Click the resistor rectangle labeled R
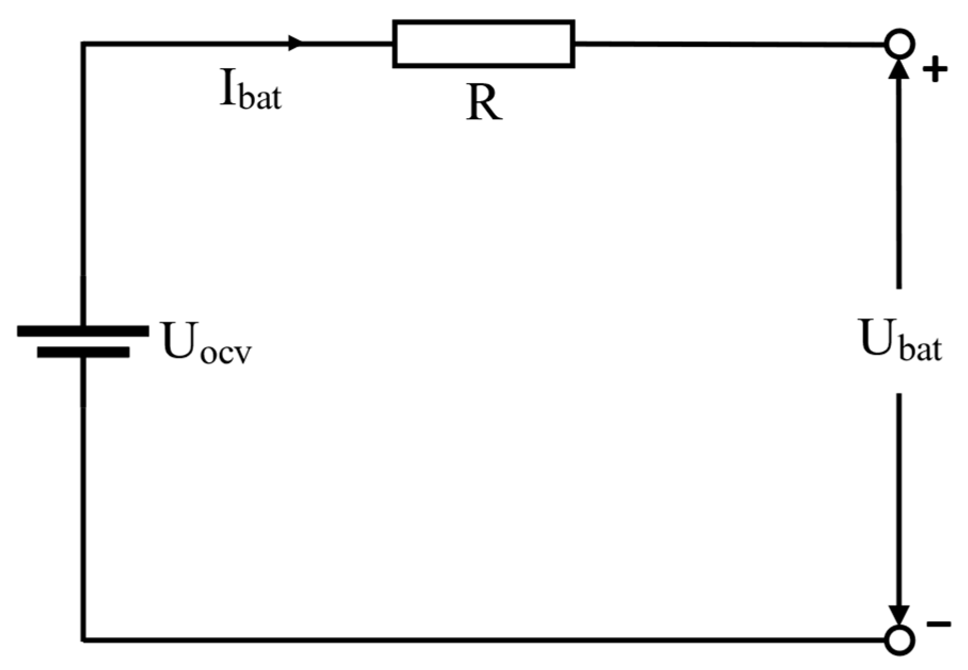click(x=483, y=44)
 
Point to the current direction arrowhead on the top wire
click(x=296, y=43)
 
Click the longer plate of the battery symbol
click(x=83, y=331)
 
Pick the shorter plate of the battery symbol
click(x=83, y=352)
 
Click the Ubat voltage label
click(x=900, y=341)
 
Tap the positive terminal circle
click(x=900, y=44)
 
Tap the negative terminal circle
click(x=900, y=640)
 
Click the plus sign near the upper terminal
click(x=935, y=71)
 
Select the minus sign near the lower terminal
click(x=938, y=624)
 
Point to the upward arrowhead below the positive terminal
click(x=899, y=69)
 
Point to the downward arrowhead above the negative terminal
click(x=900, y=616)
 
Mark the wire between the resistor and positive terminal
click(x=729, y=44)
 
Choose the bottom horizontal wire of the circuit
click(x=479, y=639)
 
